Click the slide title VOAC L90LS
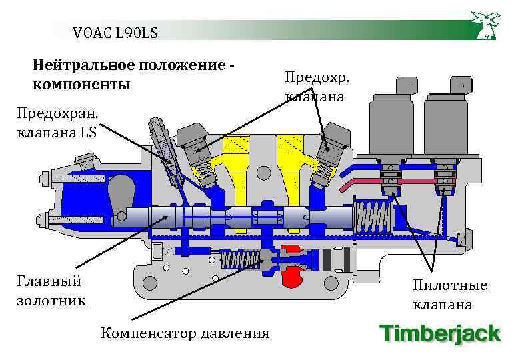point(115,31)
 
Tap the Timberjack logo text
point(439,333)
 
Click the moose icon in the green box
point(485,25)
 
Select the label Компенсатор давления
point(185,333)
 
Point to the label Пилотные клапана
point(450,295)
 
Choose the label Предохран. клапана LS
point(57,123)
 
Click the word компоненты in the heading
point(81,85)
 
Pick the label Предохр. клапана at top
point(317,87)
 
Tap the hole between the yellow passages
point(264,173)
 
